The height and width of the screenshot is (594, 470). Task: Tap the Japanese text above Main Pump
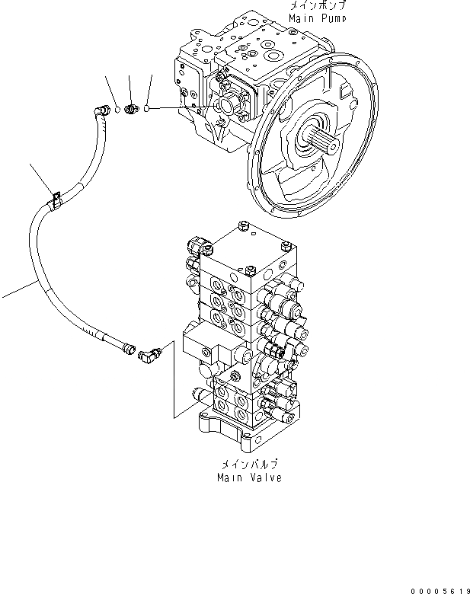pos(318,5)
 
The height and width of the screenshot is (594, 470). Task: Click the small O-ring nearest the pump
pos(145,109)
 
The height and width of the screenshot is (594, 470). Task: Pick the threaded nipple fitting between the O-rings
pos(130,110)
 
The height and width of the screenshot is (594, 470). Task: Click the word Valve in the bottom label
pos(264,477)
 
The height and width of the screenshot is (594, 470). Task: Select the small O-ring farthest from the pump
pos(118,110)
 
